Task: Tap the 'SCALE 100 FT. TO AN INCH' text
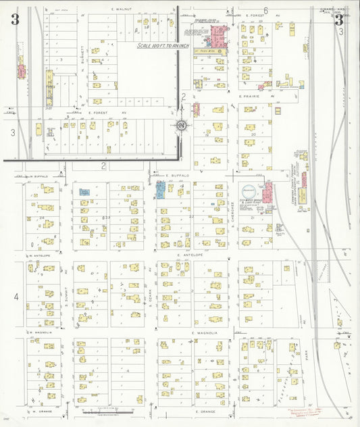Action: pos(157,46)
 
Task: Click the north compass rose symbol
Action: pos(182,125)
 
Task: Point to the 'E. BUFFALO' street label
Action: pos(175,175)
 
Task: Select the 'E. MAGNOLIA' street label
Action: pos(203,333)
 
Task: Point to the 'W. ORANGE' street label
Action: pos(42,410)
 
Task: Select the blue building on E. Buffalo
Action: pos(161,189)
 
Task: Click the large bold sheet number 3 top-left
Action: pos(15,20)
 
